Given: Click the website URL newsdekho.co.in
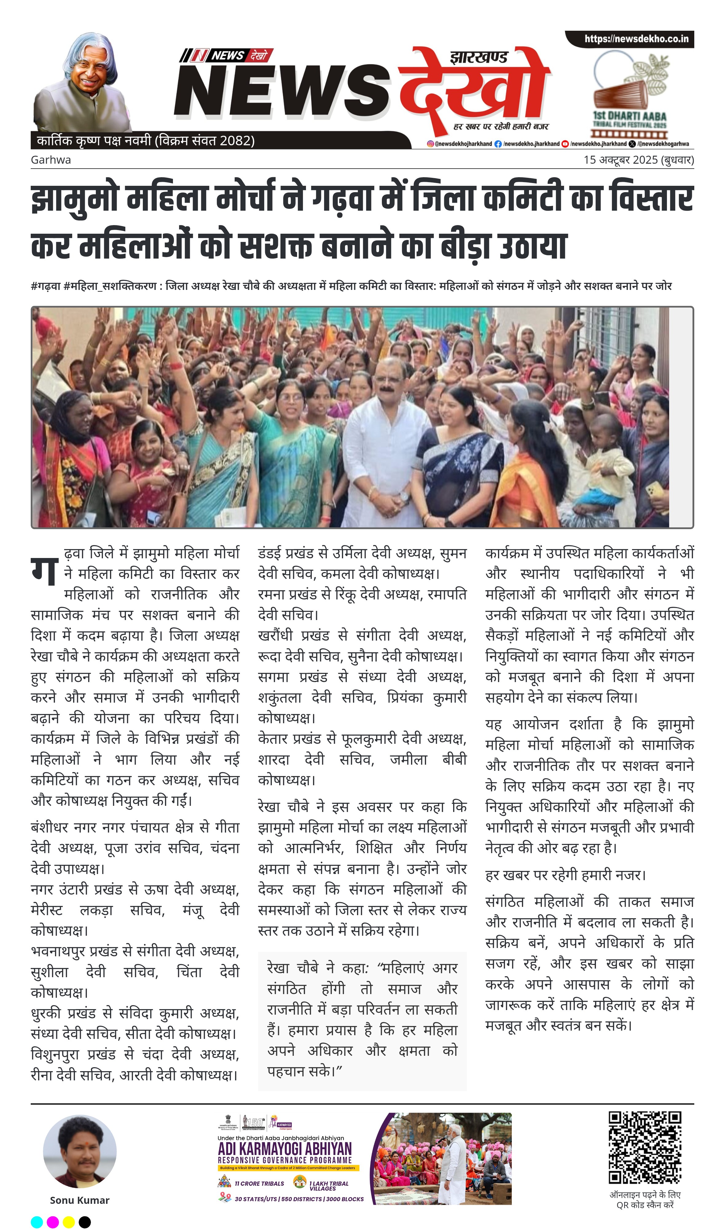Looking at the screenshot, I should [x=636, y=39].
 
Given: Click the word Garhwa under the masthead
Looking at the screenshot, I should [x=51, y=160].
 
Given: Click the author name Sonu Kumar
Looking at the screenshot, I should [x=80, y=1200].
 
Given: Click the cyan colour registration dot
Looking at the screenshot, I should [x=37, y=1222].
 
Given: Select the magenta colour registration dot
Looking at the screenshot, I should [x=53, y=1222].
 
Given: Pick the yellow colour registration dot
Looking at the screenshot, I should [x=69, y=1222].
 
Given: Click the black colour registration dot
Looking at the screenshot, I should [x=85, y=1222].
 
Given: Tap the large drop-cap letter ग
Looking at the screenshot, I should [x=45, y=570].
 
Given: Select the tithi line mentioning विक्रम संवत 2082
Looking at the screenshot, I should [x=146, y=141].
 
